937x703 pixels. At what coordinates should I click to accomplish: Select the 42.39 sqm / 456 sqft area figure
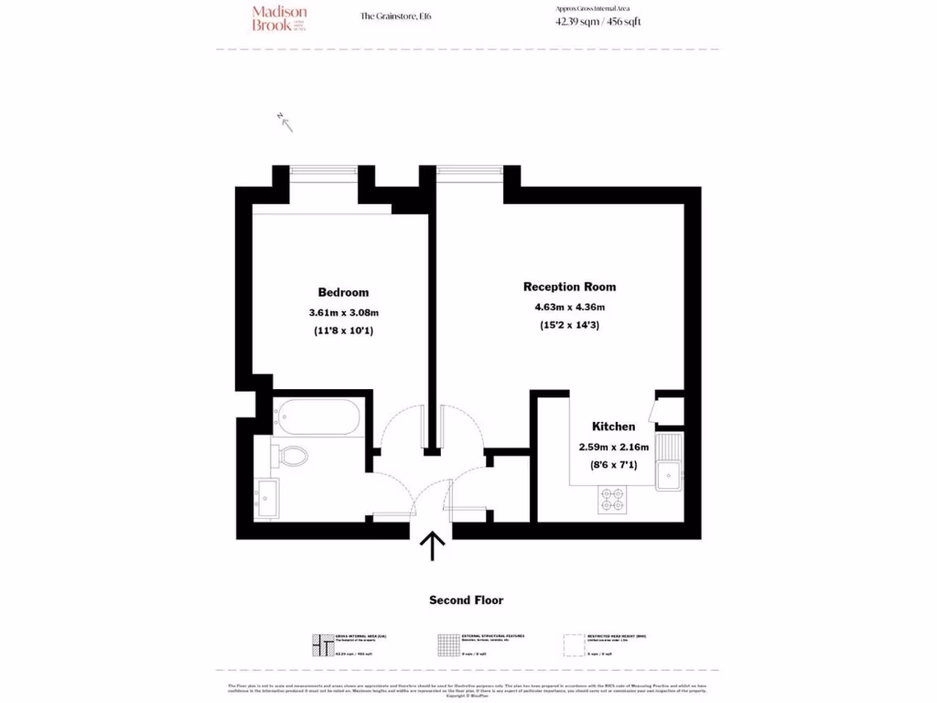pos(598,22)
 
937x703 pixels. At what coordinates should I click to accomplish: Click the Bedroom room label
pos(343,293)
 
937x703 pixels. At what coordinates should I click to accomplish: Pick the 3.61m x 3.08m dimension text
pos(343,313)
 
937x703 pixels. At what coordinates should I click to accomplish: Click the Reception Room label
pos(569,287)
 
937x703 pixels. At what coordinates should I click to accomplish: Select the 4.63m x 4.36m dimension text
pos(569,307)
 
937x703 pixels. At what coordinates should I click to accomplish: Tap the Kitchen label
pos(613,427)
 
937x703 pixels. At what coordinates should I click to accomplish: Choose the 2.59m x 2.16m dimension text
pos(613,447)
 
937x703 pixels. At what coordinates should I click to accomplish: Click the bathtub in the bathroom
pos(320,416)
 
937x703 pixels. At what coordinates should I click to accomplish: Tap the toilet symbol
pos(293,455)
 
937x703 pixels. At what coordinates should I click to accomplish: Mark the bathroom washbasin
pos(268,498)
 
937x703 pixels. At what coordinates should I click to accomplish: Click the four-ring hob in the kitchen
pos(611,499)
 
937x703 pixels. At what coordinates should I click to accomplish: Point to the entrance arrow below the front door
pos(432,546)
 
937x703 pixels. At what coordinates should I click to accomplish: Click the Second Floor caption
pos(467,600)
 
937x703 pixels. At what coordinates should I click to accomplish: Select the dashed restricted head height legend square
pos(574,645)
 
